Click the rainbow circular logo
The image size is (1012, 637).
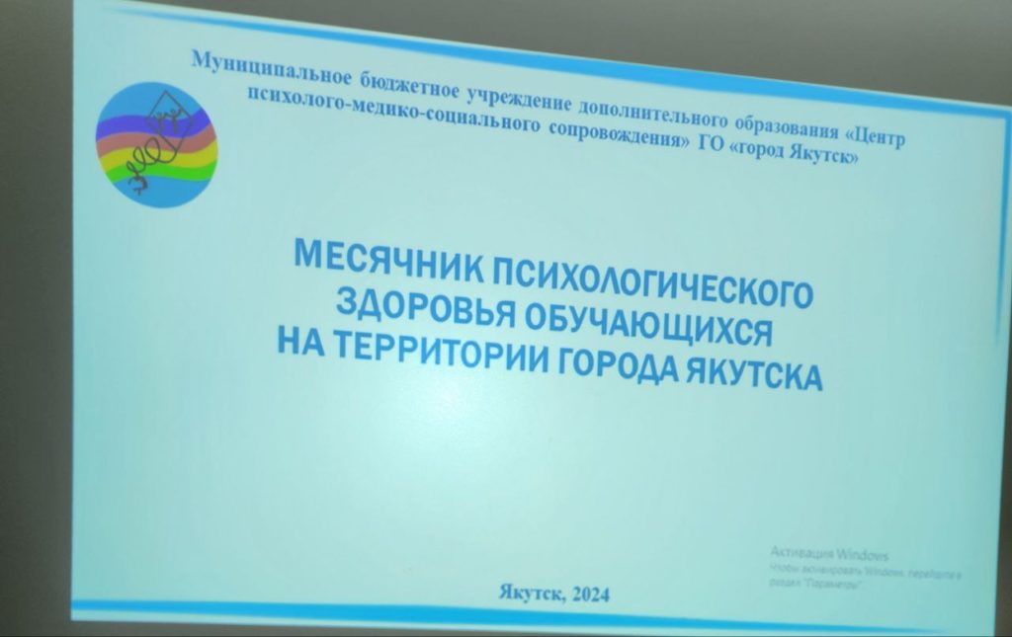(x=155, y=144)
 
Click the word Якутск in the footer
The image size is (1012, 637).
(x=530, y=593)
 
